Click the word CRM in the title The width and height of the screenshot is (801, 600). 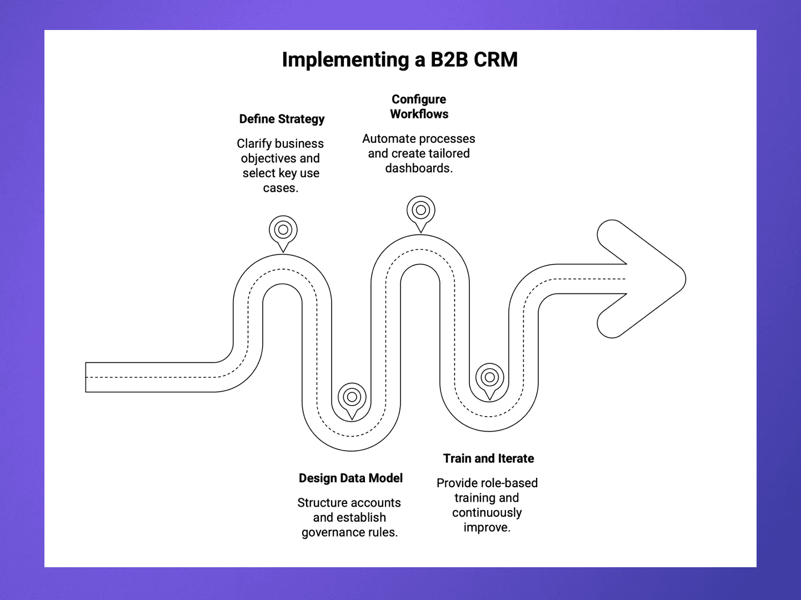pos(495,59)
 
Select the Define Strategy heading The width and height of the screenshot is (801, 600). pos(282,119)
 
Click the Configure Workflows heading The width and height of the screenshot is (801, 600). pos(419,107)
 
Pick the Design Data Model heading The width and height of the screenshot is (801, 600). pos(351,478)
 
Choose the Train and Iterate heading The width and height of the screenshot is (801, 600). pos(488,458)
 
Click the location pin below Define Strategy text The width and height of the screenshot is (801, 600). pos(283,231)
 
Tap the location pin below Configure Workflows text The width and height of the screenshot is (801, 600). pos(420,211)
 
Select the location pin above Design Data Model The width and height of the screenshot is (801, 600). pos(352,398)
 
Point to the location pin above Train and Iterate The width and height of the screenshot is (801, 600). pos(489,378)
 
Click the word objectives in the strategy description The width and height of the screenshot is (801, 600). pos(268,158)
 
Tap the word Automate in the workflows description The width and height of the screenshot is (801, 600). pos(387,139)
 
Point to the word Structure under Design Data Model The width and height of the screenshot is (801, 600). pos(321,503)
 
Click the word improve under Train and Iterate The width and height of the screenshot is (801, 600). pos(486,527)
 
